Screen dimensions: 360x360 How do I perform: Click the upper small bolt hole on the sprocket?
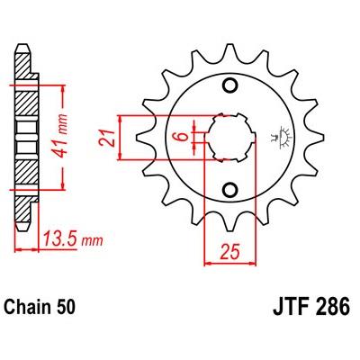coord(230,86)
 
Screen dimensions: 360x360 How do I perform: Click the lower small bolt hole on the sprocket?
coord(230,189)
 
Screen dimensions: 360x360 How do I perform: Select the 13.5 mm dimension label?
coord(73,239)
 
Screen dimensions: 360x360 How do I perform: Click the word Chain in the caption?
coord(28,307)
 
